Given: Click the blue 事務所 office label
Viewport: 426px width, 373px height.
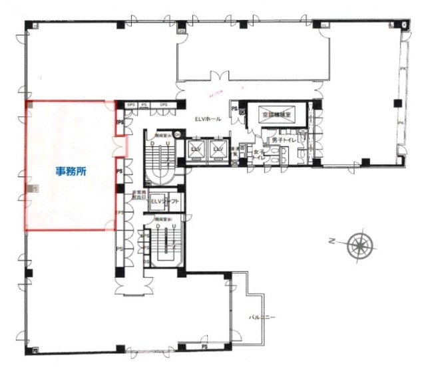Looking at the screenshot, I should coord(71,170).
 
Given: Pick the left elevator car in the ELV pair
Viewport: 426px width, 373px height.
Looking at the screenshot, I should coord(196,150).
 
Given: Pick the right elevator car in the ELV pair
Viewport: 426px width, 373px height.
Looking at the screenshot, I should coord(217,150).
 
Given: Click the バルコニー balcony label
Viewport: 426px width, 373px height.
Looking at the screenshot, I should coord(262,317).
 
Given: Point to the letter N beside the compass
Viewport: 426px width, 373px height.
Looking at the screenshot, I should coord(331,243).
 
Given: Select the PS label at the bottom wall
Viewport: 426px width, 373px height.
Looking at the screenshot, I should coord(205,345).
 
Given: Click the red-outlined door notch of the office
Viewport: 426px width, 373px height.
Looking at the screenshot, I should coord(120,146).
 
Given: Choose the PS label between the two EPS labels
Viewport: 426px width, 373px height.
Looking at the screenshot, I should coord(144,105).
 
